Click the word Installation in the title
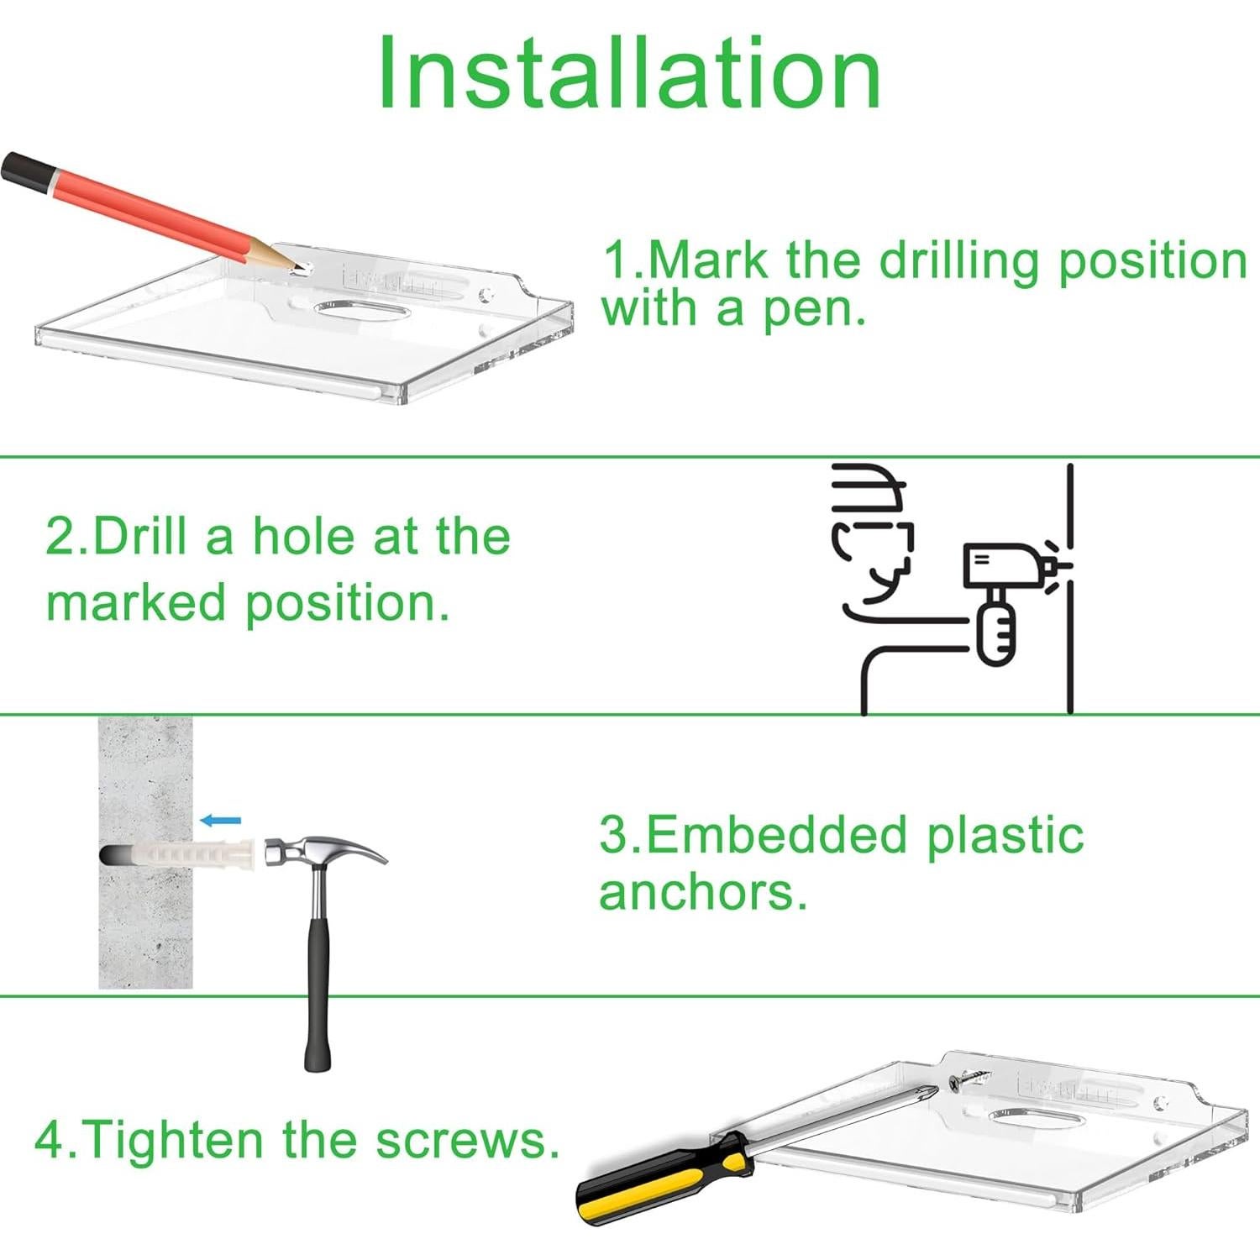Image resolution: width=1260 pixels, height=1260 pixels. tap(629, 74)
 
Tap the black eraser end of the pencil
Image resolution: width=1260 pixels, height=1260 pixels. tap(24, 171)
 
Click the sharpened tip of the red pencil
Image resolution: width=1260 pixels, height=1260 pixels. tap(297, 270)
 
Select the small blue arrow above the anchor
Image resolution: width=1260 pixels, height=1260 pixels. tap(221, 821)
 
